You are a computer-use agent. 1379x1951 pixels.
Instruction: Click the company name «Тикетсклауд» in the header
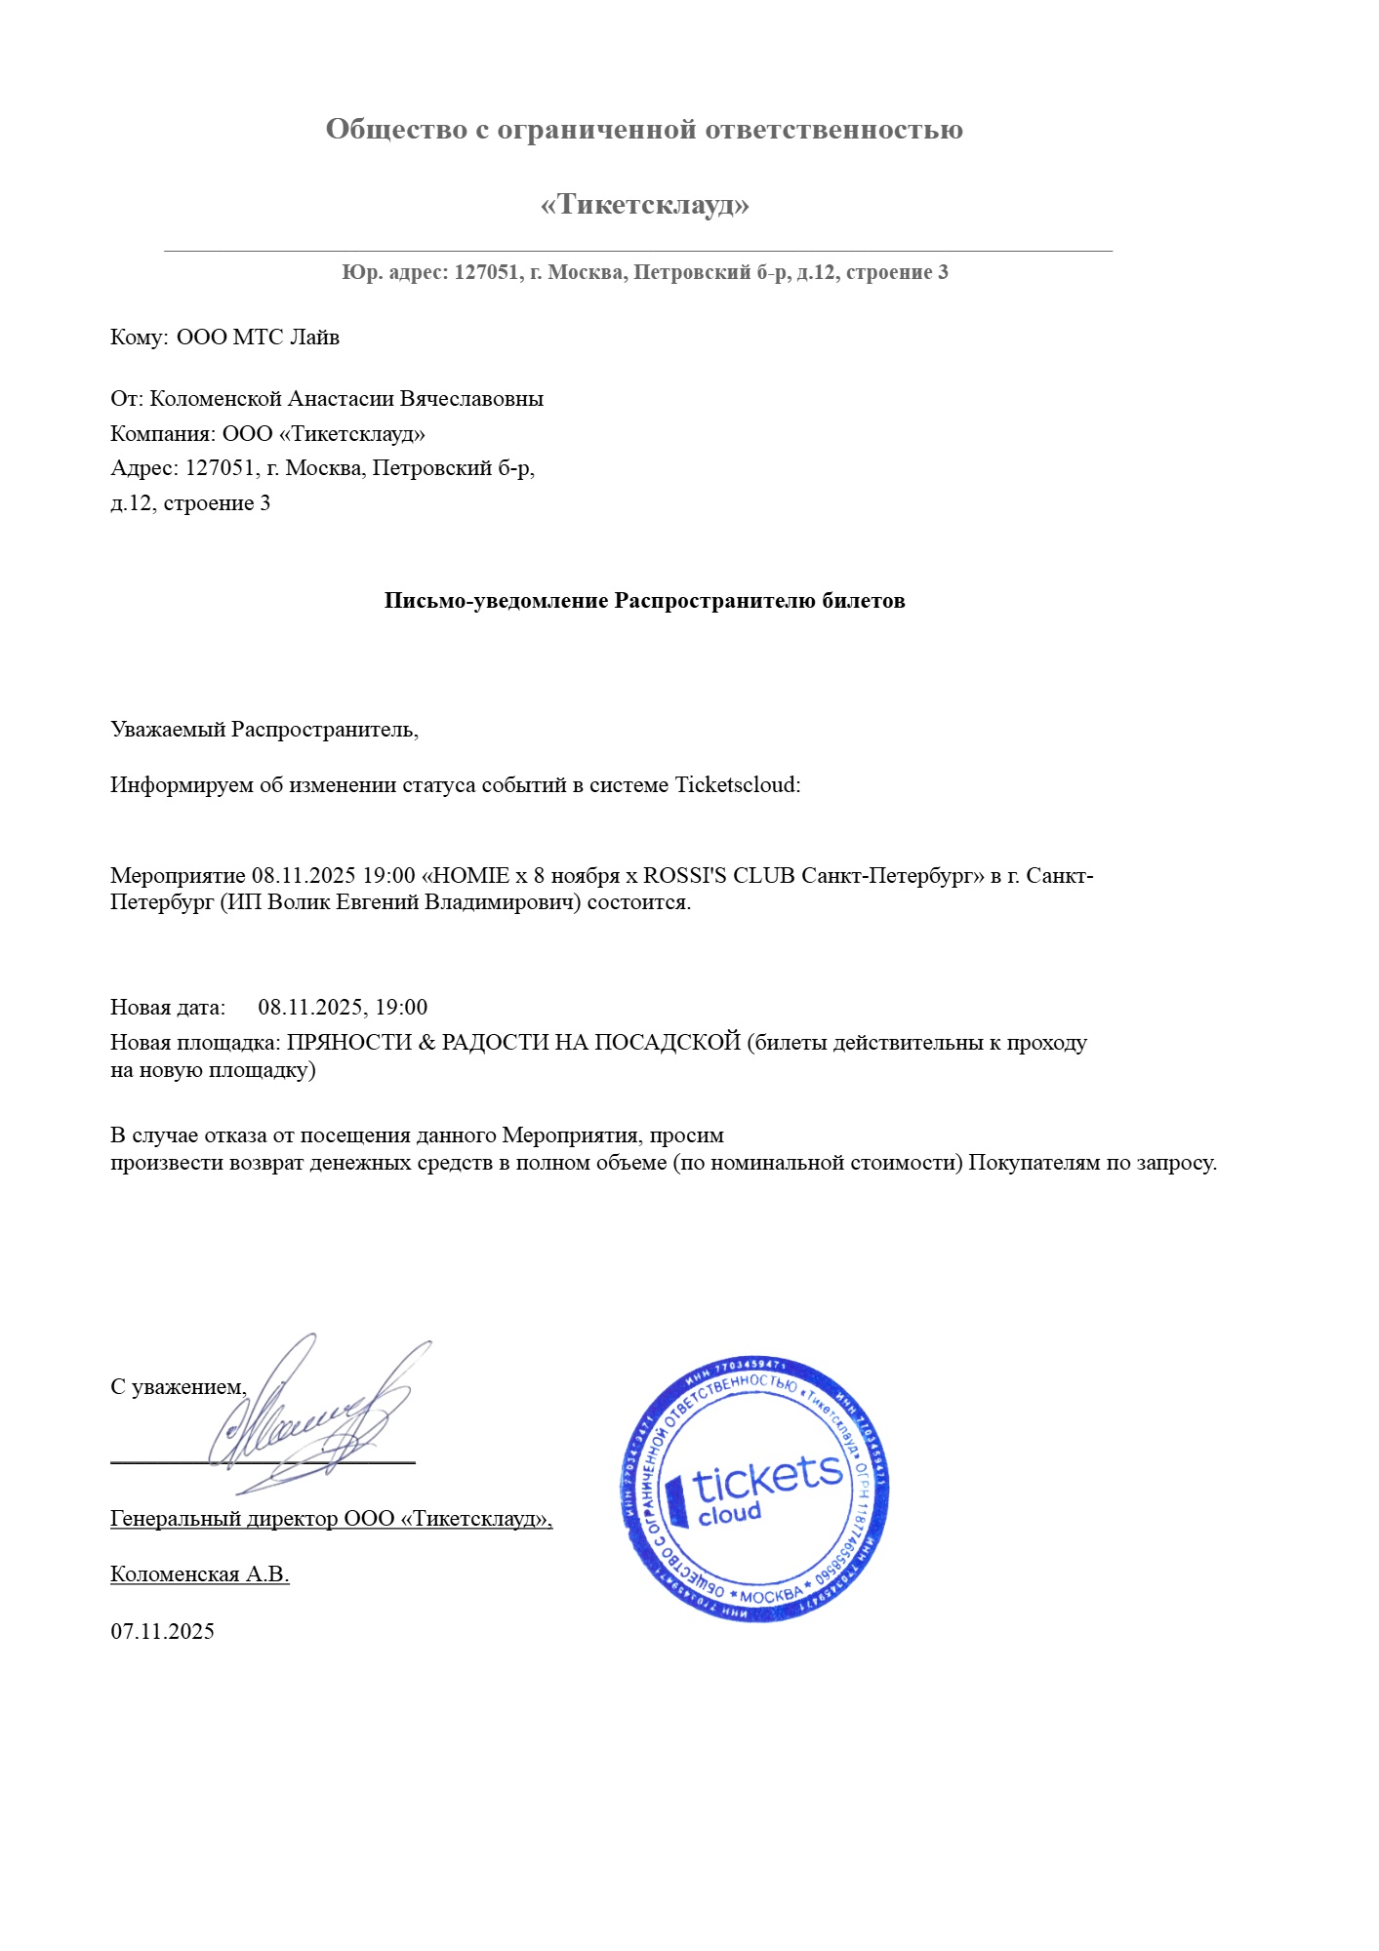click(x=644, y=205)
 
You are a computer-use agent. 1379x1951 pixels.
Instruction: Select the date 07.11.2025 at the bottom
click(x=162, y=1632)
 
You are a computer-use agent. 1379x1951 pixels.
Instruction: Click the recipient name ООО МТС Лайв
click(x=258, y=338)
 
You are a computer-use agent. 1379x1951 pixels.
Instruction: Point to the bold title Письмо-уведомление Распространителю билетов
click(x=644, y=601)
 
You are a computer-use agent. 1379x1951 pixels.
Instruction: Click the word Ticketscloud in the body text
click(x=737, y=785)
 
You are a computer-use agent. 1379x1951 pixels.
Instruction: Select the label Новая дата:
click(x=168, y=1008)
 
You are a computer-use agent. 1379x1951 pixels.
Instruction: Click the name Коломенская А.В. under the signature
click(x=199, y=1574)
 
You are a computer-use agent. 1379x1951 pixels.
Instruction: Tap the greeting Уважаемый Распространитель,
click(x=264, y=730)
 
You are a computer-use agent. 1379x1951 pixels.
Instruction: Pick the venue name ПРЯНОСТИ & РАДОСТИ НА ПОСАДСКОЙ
click(x=514, y=1043)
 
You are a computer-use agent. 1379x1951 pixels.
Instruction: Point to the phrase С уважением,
click(x=178, y=1387)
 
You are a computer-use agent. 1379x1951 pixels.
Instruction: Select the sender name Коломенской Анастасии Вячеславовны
click(x=346, y=399)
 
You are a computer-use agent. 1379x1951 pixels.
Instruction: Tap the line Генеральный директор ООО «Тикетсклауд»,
click(x=331, y=1519)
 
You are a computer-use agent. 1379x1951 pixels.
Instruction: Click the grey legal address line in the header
click(x=644, y=273)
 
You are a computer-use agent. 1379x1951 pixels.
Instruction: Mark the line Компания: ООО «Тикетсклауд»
click(x=267, y=434)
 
